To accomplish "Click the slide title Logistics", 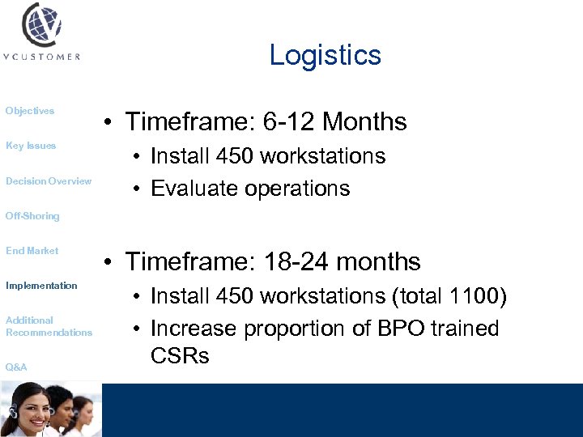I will (325, 55).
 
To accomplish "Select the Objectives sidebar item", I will (30, 111).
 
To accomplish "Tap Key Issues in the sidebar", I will (31, 146).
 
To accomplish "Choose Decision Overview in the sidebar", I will (49, 181).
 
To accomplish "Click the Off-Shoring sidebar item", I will (32, 216).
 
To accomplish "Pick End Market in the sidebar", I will (32, 251).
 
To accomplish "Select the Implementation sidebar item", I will (41, 286).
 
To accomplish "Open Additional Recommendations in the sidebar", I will (49, 326).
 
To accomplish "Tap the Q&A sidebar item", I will (16, 367).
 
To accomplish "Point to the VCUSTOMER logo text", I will (41, 57).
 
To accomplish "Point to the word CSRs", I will (180, 355).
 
